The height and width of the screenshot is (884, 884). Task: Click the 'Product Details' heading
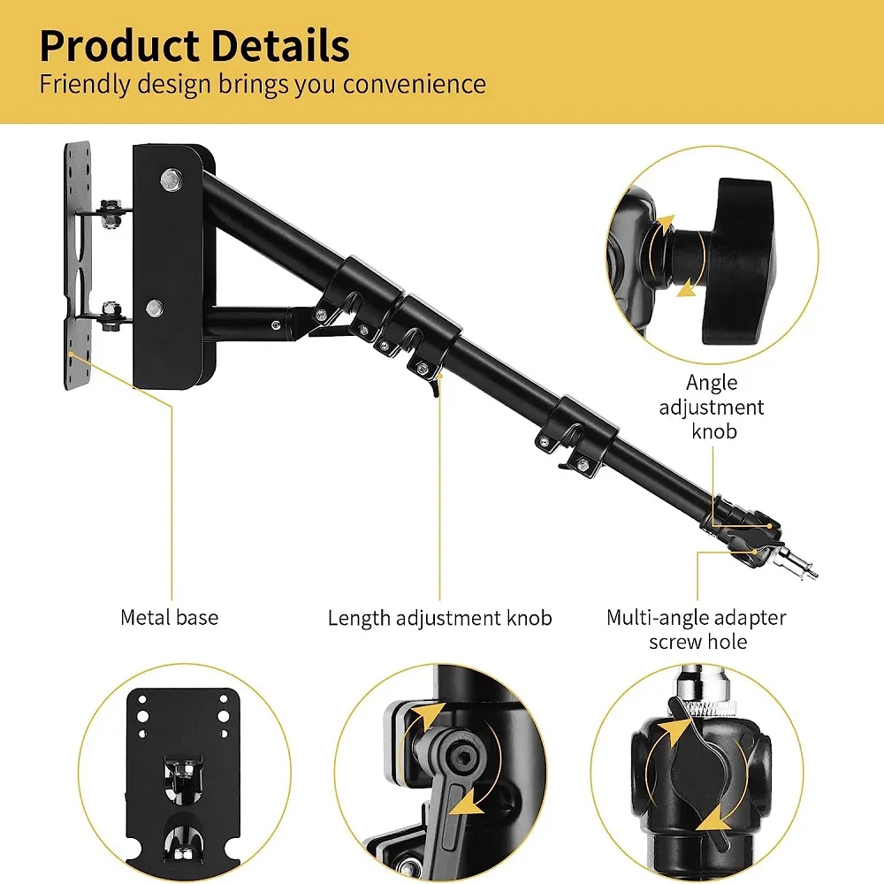194,46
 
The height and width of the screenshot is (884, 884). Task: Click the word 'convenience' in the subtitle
415,85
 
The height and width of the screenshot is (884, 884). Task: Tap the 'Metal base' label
169,617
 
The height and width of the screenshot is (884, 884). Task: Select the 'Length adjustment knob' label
439,618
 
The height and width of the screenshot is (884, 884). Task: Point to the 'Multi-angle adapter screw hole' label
697,629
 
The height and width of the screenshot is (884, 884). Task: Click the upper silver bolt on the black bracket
170,179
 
